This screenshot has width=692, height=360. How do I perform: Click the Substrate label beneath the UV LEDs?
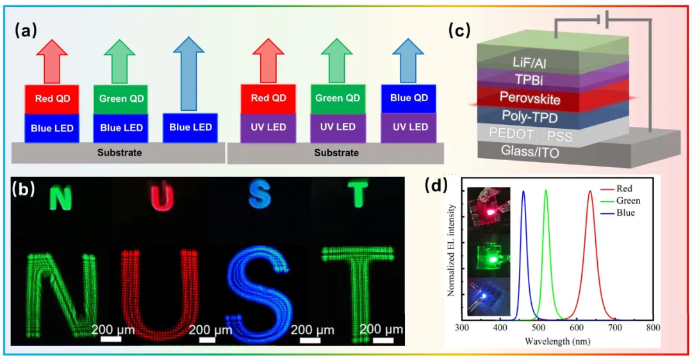pyautogui.click(x=336, y=153)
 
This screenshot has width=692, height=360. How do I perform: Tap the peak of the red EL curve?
pyautogui.click(x=589, y=191)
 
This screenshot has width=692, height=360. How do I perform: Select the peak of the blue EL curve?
pyautogui.click(x=523, y=191)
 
